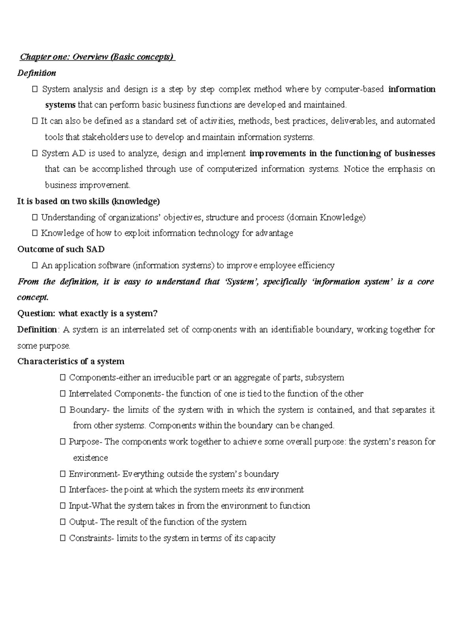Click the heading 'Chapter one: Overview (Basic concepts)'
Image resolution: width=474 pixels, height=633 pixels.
97,57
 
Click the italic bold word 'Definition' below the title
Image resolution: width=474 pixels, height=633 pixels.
37,73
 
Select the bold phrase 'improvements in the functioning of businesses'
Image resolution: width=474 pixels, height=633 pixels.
342,153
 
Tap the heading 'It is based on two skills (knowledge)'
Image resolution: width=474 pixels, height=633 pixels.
88,201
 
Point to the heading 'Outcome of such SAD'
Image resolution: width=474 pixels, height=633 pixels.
61,249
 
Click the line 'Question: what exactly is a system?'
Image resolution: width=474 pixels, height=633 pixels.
87,313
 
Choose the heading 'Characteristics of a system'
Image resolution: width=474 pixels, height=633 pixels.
71,361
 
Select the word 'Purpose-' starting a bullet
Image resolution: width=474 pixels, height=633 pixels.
86,442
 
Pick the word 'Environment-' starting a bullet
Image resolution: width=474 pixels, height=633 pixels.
94,474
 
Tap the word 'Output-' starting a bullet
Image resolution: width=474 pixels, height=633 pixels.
83,522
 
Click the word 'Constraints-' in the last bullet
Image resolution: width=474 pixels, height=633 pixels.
91,538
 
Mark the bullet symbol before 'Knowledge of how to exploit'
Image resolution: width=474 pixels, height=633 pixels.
35,233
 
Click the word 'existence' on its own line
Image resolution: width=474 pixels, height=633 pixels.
90,458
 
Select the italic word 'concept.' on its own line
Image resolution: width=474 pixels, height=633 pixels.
33,297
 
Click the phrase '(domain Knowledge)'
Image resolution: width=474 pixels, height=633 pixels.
326,217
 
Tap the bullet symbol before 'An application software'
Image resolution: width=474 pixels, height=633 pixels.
35,266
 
